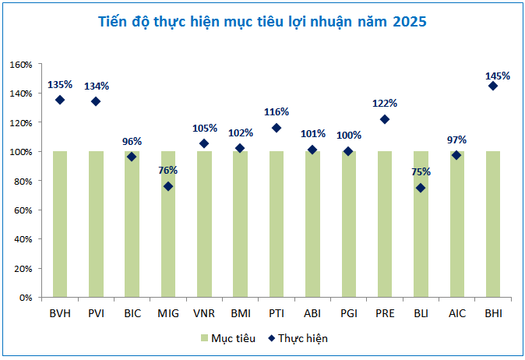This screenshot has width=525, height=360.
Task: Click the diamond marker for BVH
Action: (60, 100)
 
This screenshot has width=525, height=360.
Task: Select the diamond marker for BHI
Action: (492, 86)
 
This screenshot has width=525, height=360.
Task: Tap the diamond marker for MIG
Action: (168, 186)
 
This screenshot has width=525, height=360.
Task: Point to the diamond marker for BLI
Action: (421, 188)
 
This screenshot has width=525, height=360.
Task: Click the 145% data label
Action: (497, 76)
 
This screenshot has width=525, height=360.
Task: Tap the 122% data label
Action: (385, 103)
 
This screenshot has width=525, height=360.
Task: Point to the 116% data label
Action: (277, 111)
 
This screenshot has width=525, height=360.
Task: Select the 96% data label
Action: (132, 141)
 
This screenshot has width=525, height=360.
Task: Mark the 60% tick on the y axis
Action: (23, 210)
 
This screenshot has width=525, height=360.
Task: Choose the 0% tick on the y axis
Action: (26, 298)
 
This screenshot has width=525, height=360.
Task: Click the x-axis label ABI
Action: (312, 313)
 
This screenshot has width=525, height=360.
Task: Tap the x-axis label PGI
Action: (348, 313)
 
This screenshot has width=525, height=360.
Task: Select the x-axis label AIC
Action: (456, 313)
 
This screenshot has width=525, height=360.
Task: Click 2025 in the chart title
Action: (409, 22)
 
